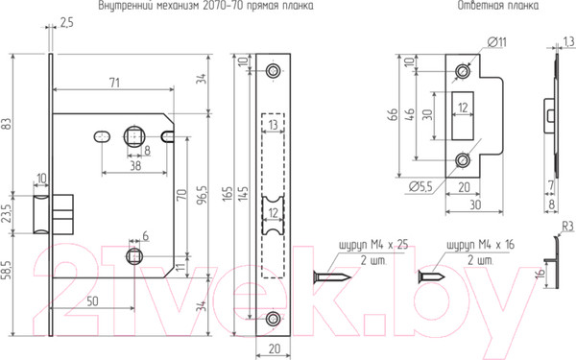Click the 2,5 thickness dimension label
pos(66,23)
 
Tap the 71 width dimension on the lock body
pos(114,83)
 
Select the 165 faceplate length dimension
pos(228,193)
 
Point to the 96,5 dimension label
pos(203,194)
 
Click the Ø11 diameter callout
pos(497,42)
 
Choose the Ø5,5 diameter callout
pos(420,187)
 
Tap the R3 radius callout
pos(567,227)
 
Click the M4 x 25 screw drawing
pos(332,276)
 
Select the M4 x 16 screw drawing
pos(432,276)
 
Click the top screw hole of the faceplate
pos(273,70)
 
